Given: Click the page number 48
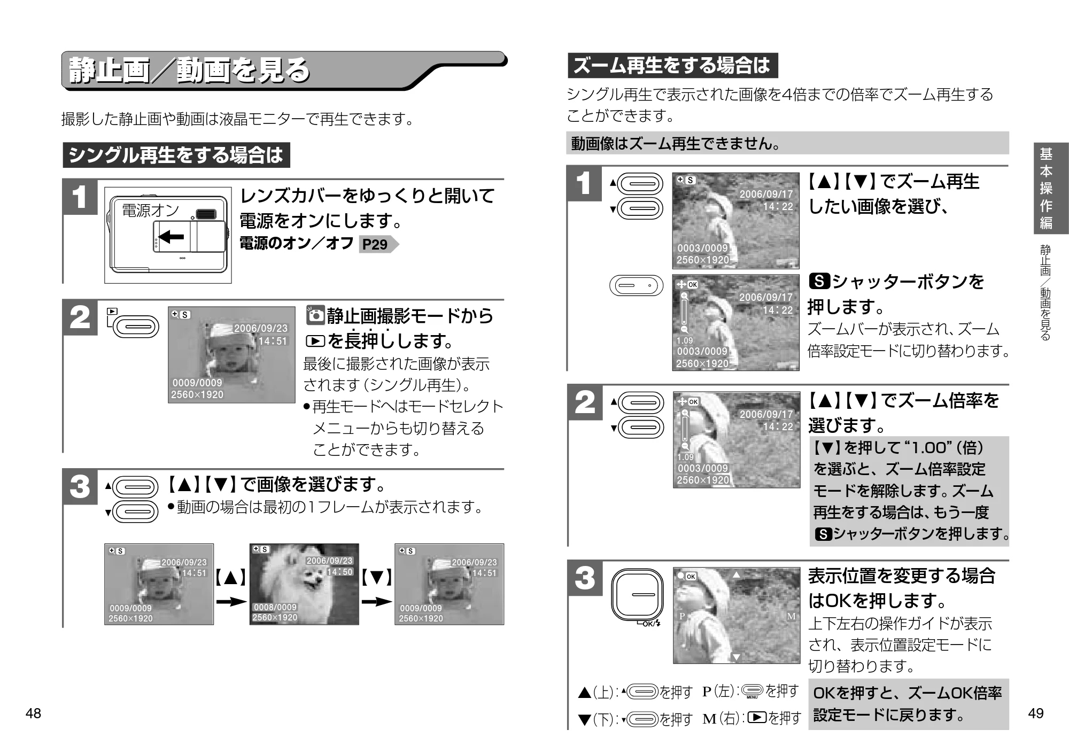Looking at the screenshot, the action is (33, 713).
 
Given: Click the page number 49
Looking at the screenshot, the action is (1035, 713).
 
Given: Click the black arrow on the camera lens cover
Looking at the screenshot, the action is (172, 236).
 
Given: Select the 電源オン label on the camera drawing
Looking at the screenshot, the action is (150, 210).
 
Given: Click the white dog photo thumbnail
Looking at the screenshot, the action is (304, 584).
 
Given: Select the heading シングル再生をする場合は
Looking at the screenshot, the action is (176, 155).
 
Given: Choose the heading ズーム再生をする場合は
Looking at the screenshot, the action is (672, 65).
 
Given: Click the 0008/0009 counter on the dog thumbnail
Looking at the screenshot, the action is (275, 607).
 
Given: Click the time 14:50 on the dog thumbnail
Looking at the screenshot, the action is (340, 571).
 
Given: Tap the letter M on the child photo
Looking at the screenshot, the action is (792, 616).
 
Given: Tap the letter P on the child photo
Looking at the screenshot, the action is (682, 616).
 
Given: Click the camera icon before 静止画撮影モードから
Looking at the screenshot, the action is (316, 315).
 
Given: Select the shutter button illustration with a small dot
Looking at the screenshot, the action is (636, 285).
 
